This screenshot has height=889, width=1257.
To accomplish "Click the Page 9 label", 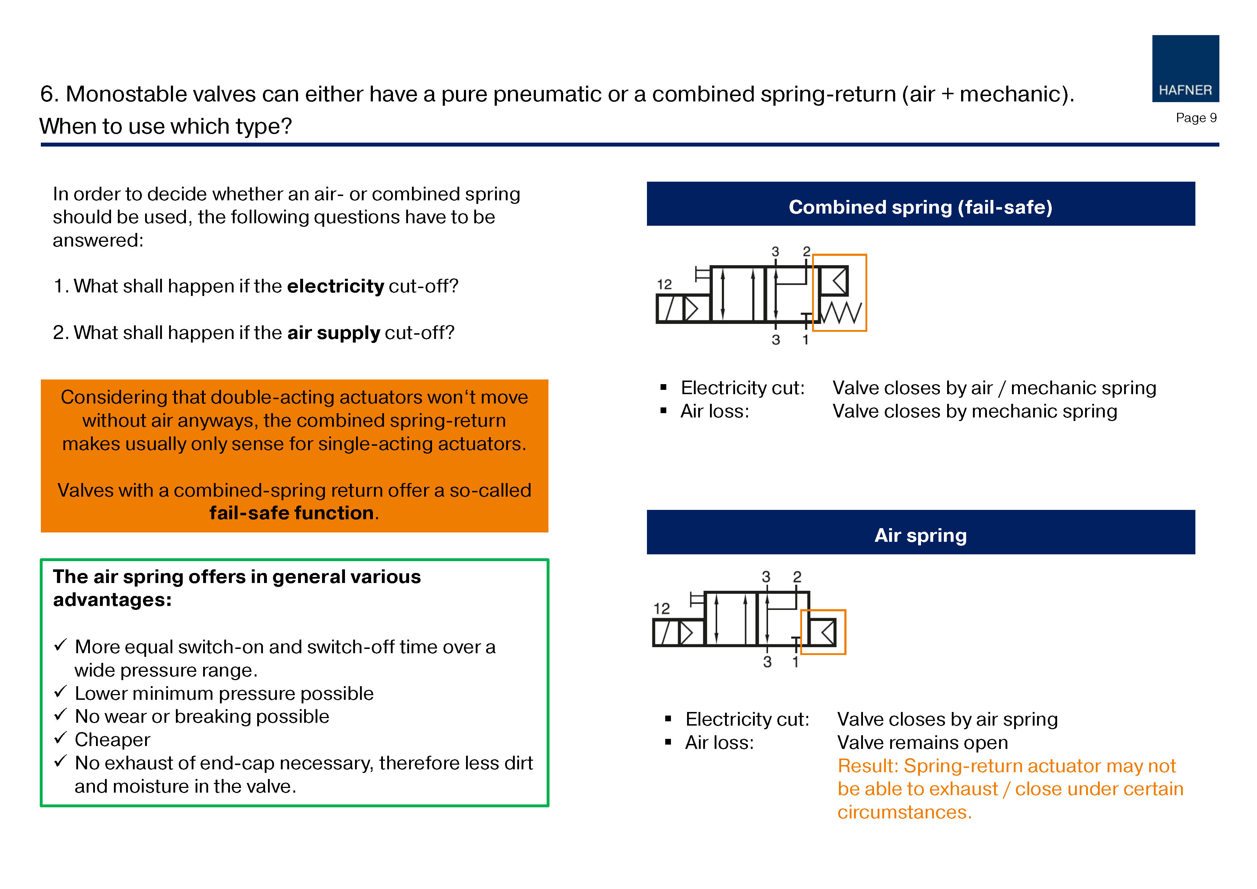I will (x=1196, y=118).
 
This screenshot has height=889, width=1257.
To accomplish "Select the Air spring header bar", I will (x=920, y=535).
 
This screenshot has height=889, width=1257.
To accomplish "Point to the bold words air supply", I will (x=334, y=333).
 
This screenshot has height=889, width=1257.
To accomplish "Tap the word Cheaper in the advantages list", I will (x=112, y=740).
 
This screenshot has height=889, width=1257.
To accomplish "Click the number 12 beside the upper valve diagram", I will (x=664, y=284).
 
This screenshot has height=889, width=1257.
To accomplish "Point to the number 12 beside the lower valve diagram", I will (x=661, y=608).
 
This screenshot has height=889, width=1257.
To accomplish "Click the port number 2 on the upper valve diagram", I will (x=806, y=252).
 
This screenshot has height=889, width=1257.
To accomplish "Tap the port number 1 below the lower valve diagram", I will (x=796, y=662).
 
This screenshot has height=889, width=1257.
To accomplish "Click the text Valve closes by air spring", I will (x=947, y=719).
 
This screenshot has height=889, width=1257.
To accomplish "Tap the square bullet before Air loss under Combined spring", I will (x=663, y=411).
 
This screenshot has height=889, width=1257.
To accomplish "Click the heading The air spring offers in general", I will (x=236, y=577).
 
